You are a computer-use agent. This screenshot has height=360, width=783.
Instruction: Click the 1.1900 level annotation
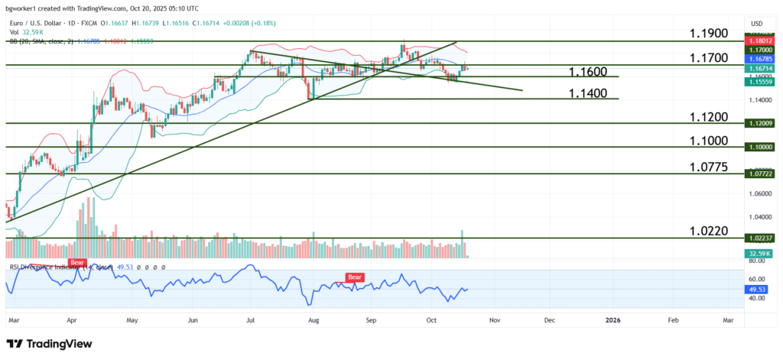click(x=708, y=34)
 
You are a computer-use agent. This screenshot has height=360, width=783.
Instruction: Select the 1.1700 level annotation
click(x=708, y=57)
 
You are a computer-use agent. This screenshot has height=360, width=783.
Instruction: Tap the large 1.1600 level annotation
click(x=588, y=71)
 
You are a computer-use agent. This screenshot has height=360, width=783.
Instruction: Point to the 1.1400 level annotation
click(x=588, y=93)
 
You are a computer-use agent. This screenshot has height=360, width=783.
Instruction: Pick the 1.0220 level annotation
click(x=708, y=231)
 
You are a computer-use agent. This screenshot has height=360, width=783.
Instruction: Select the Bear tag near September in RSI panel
click(x=355, y=277)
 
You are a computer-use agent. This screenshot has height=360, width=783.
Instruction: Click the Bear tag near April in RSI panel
click(x=77, y=262)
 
